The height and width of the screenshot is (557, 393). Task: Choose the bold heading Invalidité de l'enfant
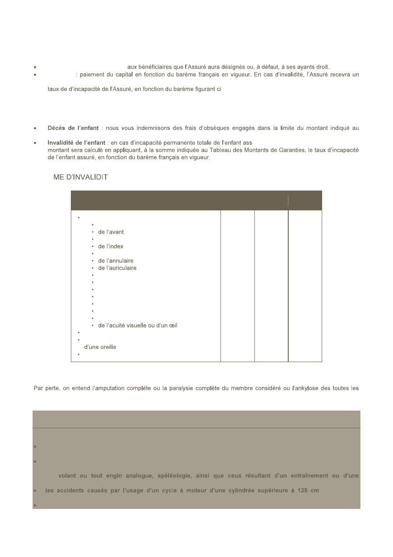76,143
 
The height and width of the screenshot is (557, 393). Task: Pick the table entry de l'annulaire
115,261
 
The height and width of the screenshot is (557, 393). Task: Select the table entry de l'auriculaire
117,268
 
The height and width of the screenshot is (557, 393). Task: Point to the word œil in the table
173,326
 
